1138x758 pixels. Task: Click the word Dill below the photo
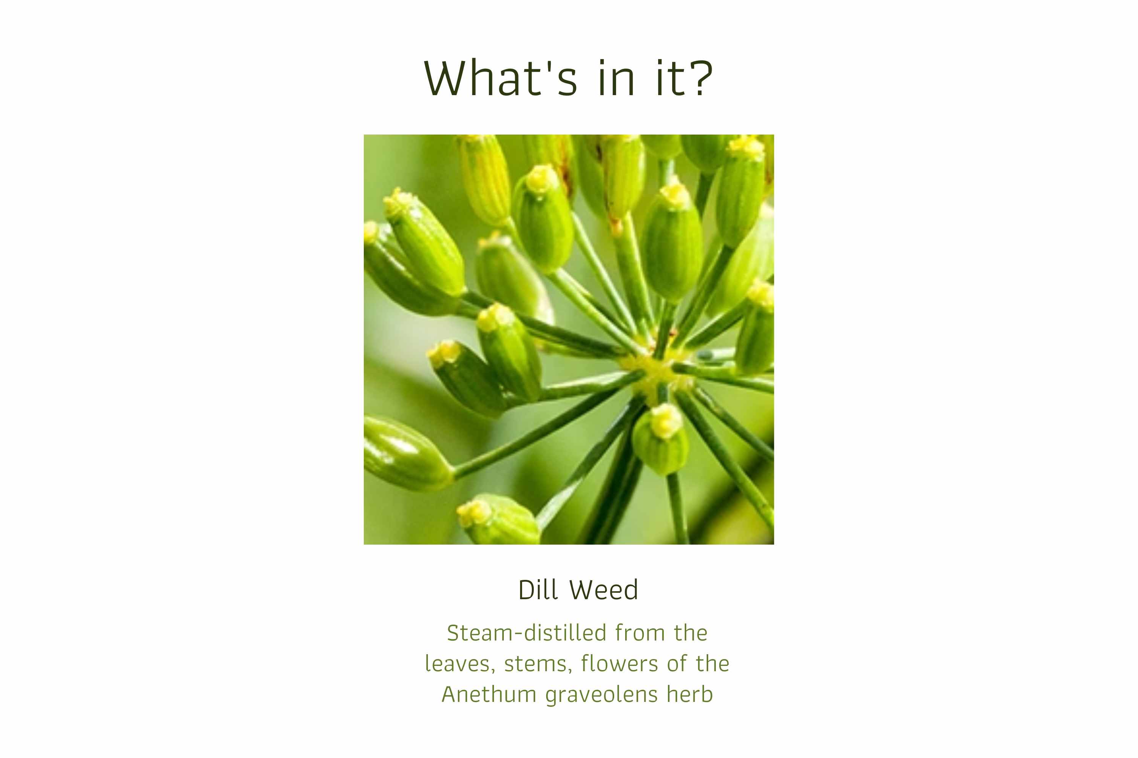tap(538, 590)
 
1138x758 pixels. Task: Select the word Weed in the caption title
tap(604, 590)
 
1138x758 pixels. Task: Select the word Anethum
tap(489, 695)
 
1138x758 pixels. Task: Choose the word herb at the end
tap(690, 695)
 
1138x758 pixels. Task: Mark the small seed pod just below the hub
tap(660, 440)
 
